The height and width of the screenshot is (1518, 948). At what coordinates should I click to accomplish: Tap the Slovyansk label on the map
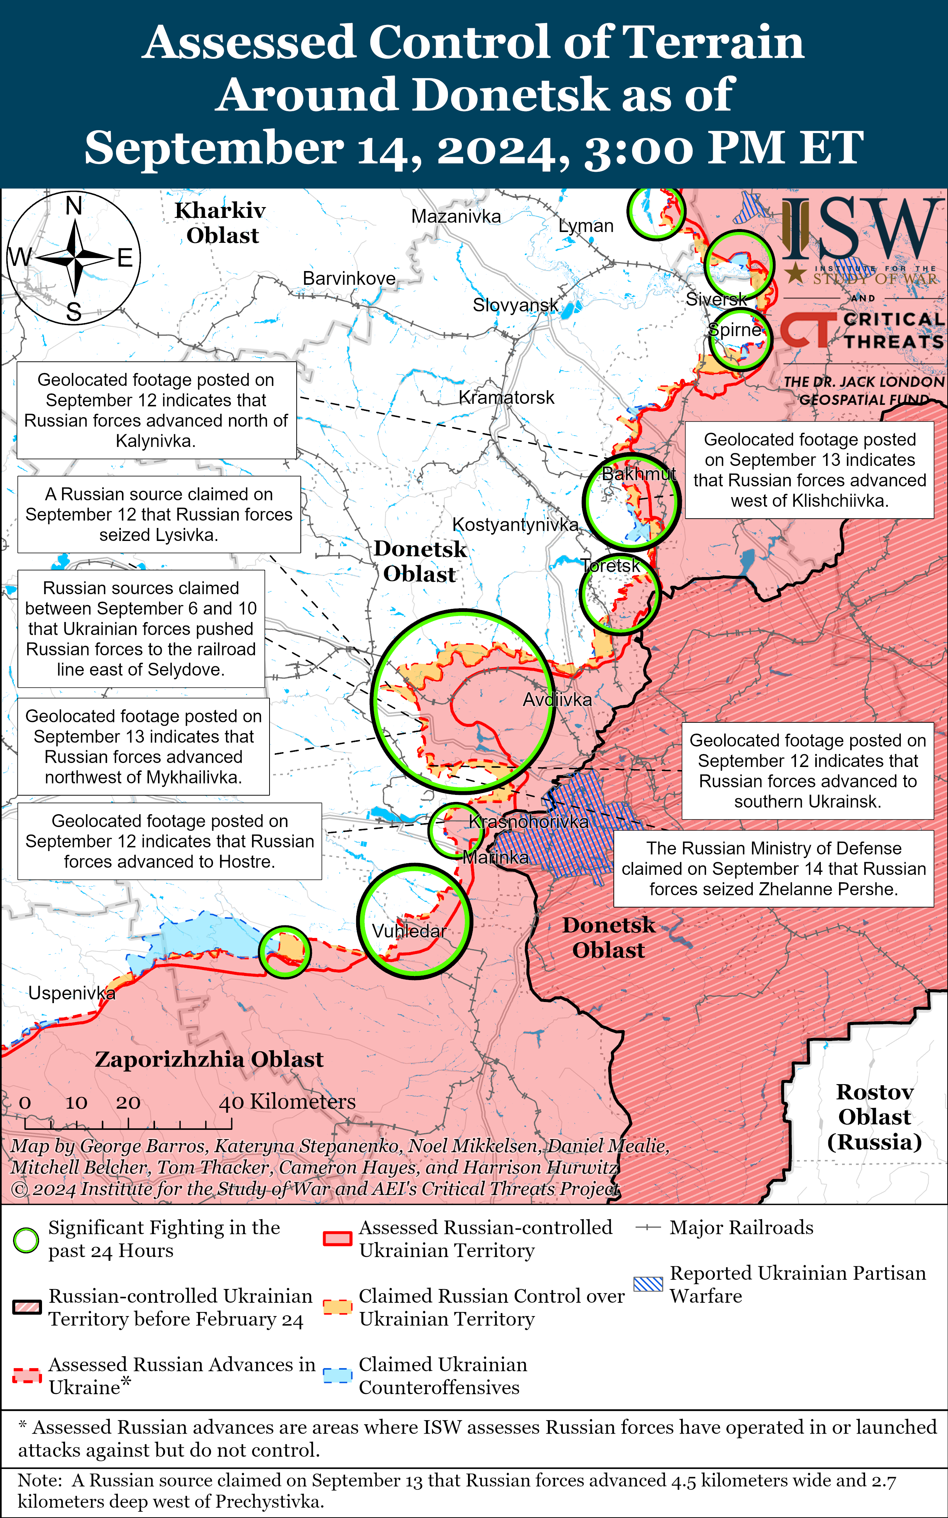(515, 305)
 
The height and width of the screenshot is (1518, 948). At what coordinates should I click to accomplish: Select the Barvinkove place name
(349, 278)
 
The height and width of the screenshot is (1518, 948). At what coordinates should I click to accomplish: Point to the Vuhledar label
(409, 931)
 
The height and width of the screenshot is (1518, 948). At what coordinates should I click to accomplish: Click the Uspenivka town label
(71, 993)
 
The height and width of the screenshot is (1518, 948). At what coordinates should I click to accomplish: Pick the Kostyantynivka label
(515, 525)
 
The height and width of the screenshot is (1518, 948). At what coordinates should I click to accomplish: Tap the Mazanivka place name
(456, 216)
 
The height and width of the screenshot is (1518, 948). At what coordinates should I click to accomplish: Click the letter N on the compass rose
(74, 206)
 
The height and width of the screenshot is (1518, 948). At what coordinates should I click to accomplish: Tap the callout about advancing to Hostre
(169, 841)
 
